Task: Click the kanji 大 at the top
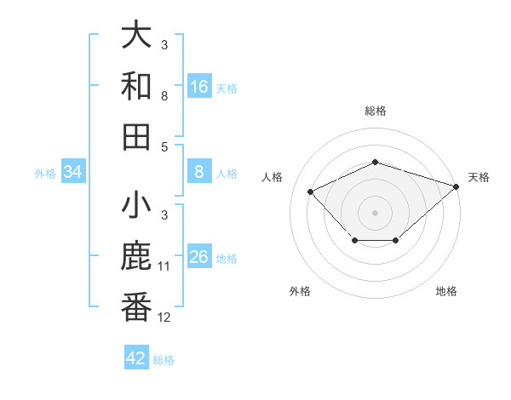137,36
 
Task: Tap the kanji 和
137,86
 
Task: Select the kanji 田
137,136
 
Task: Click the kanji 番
137,308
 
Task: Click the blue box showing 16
199,86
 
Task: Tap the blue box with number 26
199,258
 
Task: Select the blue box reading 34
73,173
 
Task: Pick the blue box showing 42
136,358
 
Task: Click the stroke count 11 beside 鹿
164,266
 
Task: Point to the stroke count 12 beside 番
164,317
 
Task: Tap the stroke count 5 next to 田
164,146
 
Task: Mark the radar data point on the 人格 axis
311,192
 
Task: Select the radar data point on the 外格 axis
354,242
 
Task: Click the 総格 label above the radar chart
376,111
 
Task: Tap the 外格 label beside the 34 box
45,174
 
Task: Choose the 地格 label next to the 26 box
227,259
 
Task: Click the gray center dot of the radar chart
376,213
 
